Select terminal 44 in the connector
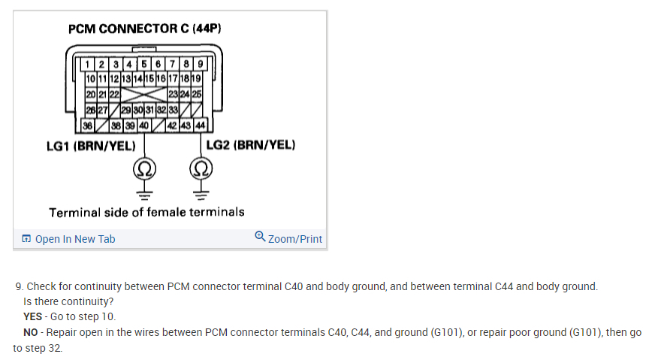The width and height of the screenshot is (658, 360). (x=201, y=125)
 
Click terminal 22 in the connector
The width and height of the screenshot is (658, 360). (x=115, y=95)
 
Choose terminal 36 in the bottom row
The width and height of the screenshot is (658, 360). (x=89, y=125)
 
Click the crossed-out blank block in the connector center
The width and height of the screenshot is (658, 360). (x=143, y=95)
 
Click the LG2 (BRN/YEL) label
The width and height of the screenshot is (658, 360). (x=250, y=144)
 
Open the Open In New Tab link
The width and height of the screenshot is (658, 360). (x=68, y=239)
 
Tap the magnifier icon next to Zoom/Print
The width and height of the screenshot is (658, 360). (x=260, y=237)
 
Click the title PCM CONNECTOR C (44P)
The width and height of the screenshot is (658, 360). (x=145, y=29)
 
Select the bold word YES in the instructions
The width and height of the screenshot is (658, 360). (x=33, y=316)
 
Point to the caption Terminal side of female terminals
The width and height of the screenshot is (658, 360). (x=146, y=212)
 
